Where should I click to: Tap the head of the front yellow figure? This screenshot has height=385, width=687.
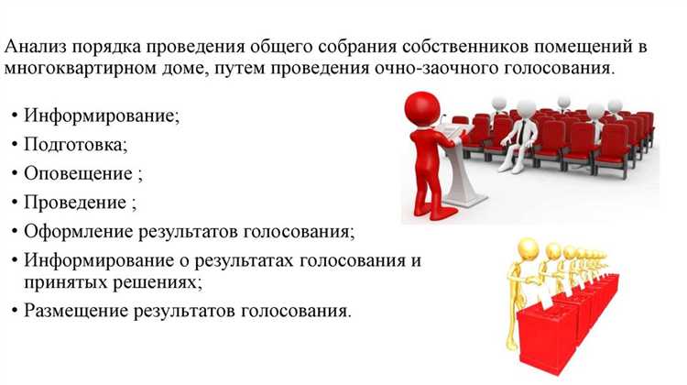coord(529,247)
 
